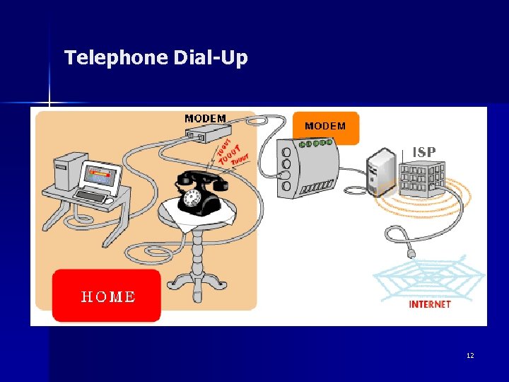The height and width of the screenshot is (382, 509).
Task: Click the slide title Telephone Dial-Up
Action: coord(156,57)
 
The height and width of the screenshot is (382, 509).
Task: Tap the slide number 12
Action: coord(470,355)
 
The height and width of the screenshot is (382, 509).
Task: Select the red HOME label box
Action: coord(107,296)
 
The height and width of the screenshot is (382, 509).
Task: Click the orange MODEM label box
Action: coord(326,126)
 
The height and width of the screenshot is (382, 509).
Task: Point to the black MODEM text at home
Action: coord(205,118)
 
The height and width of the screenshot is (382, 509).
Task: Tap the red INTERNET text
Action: coord(430,304)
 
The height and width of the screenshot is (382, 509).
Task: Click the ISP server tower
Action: coord(381,172)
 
